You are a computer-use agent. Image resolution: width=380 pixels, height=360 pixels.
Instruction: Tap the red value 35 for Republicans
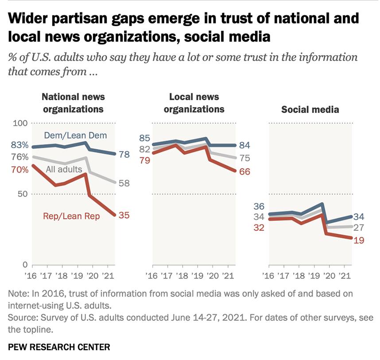click(124, 215)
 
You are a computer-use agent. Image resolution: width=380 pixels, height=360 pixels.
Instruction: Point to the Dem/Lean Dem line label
click(76, 136)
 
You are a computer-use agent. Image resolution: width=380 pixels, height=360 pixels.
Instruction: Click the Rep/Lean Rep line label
click(71, 216)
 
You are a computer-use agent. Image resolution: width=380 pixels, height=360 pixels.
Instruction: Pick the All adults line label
click(64, 169)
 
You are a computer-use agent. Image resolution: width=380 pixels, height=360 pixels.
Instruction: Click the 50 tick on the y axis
click(23, 194)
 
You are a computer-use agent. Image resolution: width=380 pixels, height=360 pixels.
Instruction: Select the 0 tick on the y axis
click(25, 265)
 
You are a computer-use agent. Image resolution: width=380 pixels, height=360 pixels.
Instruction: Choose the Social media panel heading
click(310, 109)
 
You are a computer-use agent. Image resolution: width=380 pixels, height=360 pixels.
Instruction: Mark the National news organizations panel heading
click(73, 103)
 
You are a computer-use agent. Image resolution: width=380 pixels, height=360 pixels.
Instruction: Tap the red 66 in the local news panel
click(244, 172)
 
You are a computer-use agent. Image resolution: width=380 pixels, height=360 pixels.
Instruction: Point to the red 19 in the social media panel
click(359, 240)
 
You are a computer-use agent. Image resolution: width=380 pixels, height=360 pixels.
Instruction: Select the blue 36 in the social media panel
click(259, 206)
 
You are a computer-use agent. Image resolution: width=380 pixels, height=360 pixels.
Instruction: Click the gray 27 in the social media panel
click(359, 228)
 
